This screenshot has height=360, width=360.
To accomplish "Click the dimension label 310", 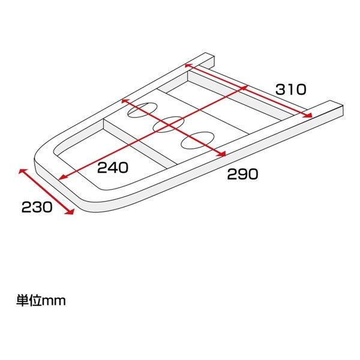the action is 290,89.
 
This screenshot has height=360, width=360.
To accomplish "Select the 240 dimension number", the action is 113,167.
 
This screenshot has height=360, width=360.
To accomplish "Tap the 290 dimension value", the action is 242,174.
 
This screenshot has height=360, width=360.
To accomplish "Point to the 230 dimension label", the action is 37,207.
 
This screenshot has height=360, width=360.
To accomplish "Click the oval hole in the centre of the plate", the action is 169,124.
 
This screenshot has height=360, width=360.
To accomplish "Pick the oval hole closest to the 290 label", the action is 197,140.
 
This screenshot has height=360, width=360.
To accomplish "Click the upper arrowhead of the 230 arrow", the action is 22,171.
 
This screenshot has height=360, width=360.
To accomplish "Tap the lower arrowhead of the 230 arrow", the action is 70,212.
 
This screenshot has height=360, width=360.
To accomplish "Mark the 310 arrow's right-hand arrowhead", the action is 308,115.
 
